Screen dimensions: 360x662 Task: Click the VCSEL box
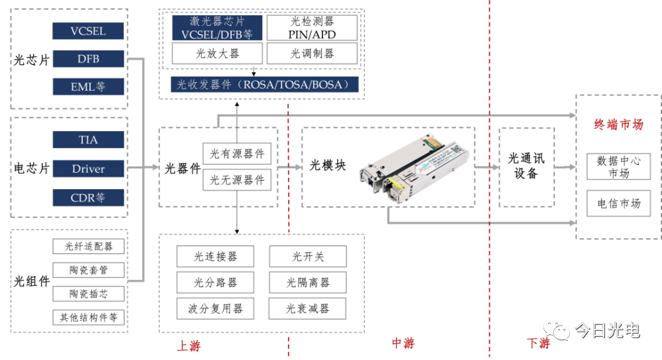coord(88,31)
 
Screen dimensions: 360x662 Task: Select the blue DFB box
coord(88,59)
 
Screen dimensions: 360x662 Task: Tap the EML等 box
coord(88,87)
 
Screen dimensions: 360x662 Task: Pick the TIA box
coord(88,140)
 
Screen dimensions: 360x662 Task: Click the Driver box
coord(88,169)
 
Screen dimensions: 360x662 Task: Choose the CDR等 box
coord(88,197)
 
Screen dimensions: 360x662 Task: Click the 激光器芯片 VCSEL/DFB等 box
coord(217,28)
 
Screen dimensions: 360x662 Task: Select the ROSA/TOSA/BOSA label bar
coord(263,84)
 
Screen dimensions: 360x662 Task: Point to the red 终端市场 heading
coord(618,124)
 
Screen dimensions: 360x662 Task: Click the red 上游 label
coord(188,345)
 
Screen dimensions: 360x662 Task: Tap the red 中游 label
coord(402,343)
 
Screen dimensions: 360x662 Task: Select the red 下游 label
coord(538,343)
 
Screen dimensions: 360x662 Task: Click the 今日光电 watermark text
coord(606,330)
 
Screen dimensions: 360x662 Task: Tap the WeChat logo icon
coord(556,328)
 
